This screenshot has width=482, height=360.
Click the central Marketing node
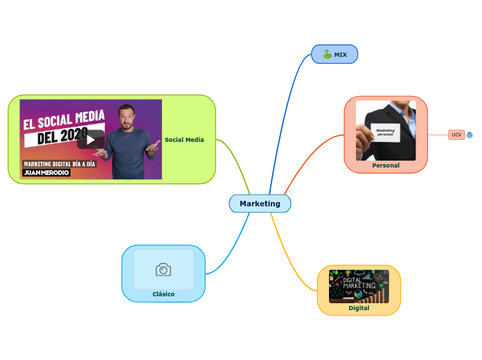[260, 204]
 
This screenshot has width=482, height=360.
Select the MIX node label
[341, 55]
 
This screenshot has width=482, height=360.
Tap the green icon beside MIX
[327, 55]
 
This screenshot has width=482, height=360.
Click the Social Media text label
[184, 140]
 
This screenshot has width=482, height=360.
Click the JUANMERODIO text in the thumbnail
[46, 173]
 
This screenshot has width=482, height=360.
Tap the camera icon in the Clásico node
[163, 270]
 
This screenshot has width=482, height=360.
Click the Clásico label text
[163, 294]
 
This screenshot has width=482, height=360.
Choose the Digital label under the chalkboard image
[359, 308]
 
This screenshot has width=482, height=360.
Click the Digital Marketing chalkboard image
[359, 286]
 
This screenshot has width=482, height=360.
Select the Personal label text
[386, 165]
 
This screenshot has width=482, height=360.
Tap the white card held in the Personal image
[385, 132]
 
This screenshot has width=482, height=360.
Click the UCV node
[456, 134]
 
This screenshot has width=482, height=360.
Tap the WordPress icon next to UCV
[470, 134]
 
